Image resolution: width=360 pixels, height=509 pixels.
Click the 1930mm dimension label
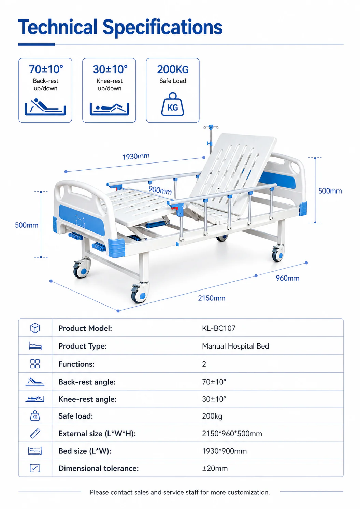[x=136, y=156]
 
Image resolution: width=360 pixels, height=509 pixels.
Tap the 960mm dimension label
[x=288, y=278]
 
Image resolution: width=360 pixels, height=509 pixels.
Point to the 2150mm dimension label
[x=212, y=298]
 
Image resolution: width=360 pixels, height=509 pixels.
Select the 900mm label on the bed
[x=160, y=190]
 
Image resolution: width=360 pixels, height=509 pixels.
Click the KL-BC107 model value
[x=219, y=328]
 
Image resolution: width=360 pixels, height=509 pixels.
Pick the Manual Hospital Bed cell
[x=235, y=346]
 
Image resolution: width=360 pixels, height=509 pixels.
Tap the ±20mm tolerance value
[x=215, y=468]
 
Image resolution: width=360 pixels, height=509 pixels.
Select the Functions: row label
[x=76, y=364]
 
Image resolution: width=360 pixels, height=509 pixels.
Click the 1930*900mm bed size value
[x=225, y=451]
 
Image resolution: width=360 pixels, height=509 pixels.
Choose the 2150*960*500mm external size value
[x=232, y=433]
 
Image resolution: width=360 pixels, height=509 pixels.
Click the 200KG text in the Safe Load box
[x=173, y=69]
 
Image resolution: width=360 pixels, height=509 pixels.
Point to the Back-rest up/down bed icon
[x=45, y=107]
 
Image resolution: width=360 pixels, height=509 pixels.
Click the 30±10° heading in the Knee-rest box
[x=110, y=69]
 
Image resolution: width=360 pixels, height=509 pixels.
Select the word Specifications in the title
[x=162, y=27]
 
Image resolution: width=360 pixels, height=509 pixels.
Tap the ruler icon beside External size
[x=35, y=433]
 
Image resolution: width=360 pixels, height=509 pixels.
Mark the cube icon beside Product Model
[x=35, y=328]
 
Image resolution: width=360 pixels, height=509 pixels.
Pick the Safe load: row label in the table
[x=76, y=416]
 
